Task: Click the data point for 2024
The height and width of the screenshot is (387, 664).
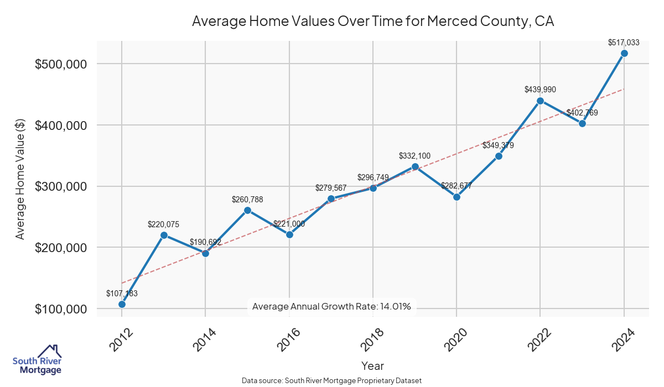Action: pos(624,53)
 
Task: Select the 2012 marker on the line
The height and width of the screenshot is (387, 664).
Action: pos(122,304)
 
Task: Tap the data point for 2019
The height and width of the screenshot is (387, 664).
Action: pos(415,166)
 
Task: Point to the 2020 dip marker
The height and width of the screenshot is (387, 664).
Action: pos(456,197)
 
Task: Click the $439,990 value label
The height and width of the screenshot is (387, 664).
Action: pos(540,90)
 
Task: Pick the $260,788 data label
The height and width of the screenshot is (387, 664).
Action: pos(247,199)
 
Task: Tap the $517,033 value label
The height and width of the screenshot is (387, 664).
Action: pos(624,42)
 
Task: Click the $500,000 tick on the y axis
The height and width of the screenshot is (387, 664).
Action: pos(61,64)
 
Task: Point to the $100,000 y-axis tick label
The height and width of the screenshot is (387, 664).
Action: pos(61,309)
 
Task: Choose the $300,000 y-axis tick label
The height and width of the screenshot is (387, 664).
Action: pos(61,186)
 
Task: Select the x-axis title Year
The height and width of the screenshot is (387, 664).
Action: pos(372,366)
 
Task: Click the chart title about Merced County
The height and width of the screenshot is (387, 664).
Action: pos(372,22)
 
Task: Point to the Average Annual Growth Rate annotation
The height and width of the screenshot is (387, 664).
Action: pos(331,306)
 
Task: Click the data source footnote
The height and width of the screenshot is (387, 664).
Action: pos(332,381)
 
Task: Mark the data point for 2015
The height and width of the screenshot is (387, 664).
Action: pos(247,210)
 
